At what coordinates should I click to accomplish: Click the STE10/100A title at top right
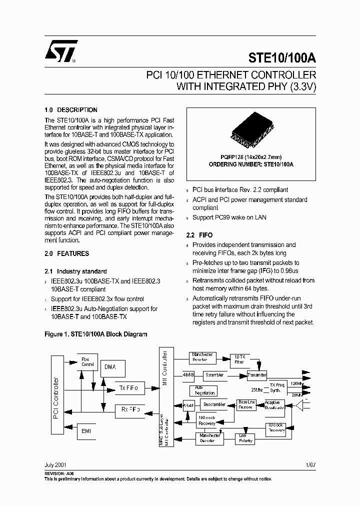click(282, 57)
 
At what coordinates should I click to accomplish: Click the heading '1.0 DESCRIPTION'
click(71, 110)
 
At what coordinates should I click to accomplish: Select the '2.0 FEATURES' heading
click(67, 253)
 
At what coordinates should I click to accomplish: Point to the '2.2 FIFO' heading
click(199, 235)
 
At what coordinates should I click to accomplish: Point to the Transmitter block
click(257, 375)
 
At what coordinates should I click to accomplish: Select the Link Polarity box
click(245, 438)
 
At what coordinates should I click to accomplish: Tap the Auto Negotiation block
click(202, 390)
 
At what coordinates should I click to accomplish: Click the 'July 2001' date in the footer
click(55, 464)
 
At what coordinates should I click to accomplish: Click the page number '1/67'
click(310, 464)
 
